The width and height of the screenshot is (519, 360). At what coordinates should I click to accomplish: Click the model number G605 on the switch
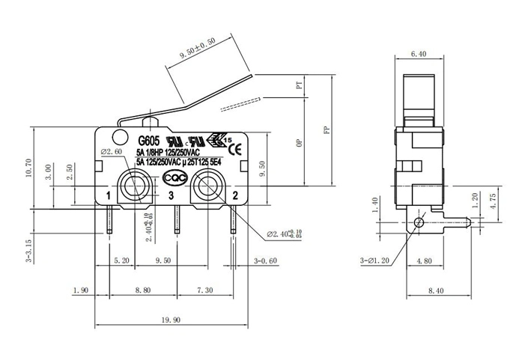point(150,139)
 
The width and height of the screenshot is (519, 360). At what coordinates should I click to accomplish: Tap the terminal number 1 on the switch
point(109,196)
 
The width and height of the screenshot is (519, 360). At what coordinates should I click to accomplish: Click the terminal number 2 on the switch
point(235,196)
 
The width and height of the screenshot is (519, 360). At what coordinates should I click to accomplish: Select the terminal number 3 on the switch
point(172,196)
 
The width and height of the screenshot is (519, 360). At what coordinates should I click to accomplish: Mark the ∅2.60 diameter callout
point(111,152)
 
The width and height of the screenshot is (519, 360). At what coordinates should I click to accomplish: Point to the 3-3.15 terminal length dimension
point(28,251)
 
